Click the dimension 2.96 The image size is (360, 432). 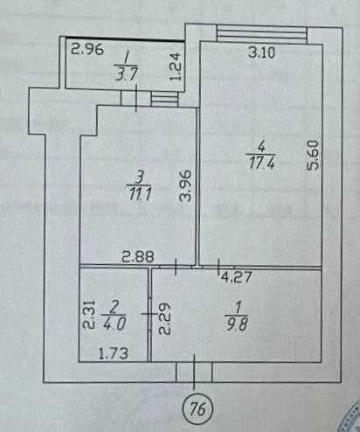point(87,49)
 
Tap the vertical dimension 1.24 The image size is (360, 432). point(176,66)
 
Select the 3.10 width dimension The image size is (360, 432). point(261,52)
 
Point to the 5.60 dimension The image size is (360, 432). point(314,155)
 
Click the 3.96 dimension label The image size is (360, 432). point(186,185)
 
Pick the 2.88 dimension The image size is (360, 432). point(138,257)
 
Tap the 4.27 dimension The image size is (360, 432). point(236,277)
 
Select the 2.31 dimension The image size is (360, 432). point(89,315)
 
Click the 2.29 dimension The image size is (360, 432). point(164,318)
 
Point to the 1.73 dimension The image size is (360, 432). point(114,353)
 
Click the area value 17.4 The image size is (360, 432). point(262,163)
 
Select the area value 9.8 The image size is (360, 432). point(237,324)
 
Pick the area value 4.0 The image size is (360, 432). point(114,324)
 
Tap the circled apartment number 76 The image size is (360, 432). point(198,410)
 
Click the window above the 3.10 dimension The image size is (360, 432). point(262,34)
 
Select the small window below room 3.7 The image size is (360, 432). point(164,99)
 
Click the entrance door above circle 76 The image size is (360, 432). point(194,372)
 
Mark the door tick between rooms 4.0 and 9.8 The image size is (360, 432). point(149,314)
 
